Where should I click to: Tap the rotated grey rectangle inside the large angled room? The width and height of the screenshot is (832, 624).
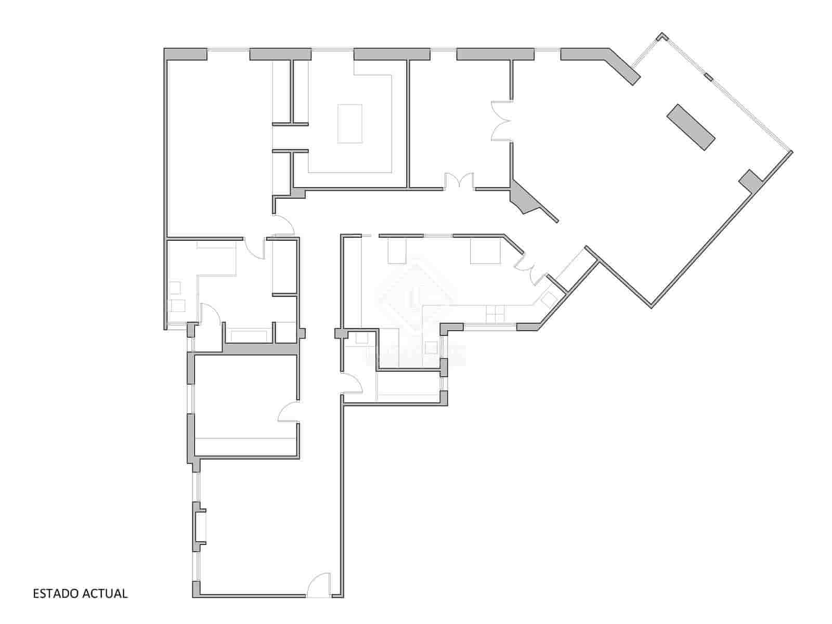[691, 127]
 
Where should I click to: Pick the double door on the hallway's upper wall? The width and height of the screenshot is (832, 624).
[459, 180]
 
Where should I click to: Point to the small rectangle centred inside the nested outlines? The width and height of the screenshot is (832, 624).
[350, 123]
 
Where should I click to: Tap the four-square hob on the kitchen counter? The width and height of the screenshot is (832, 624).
[496, 314]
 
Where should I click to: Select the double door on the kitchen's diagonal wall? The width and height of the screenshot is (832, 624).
[530, 266]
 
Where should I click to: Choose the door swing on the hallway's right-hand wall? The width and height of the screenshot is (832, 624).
[352, 384]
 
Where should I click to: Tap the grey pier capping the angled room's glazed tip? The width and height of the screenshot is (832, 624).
[661, 36]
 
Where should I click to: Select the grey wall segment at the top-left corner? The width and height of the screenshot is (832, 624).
[186, 54]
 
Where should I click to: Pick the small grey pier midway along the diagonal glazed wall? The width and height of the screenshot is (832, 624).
[708, 77]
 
